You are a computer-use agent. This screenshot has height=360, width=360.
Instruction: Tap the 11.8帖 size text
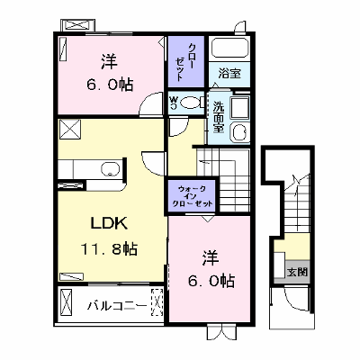click(x=109, y=249)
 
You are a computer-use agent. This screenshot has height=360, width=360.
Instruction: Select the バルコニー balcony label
click(x=117, y=306)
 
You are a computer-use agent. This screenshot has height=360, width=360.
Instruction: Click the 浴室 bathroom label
click(x=229, y=74)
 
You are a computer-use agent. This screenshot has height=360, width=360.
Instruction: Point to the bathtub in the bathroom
click(x=229, y=48)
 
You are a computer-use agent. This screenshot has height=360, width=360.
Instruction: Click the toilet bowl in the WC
click(x=191, y=103)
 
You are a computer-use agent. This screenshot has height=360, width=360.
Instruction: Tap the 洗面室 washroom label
click(x=219, y=117)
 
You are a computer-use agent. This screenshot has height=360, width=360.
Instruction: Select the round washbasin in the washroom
click(x=240, y=132)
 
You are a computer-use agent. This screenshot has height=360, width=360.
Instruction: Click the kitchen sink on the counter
click(x=111, y=169)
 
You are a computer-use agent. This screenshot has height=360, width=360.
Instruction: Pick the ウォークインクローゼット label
click(x=193, y=196)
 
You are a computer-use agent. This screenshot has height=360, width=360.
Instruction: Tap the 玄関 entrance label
click(x=297, y=272)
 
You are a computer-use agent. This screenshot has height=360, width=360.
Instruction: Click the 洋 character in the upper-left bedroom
click(x=109, y=62)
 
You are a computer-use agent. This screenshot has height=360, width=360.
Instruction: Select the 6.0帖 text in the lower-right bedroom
click(x=211, y=281)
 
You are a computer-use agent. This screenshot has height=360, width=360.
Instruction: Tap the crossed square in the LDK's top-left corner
click(x=69, y=130)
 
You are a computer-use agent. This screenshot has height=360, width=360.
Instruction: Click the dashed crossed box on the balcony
click(x=157, y=302)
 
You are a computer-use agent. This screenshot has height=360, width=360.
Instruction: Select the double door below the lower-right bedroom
click(x=221, y=331)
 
